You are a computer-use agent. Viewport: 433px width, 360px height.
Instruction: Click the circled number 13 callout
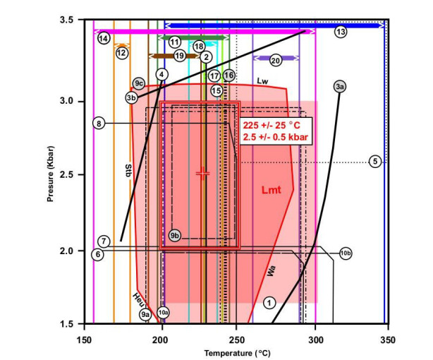tap(341, 32)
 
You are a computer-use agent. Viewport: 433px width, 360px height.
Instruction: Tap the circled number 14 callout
tap(104, 38)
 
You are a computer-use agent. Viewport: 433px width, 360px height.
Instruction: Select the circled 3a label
tap(340, 87)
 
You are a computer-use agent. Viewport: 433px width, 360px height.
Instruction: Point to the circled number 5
tap(375, 161)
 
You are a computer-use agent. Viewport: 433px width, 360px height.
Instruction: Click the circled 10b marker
tap(346, 253)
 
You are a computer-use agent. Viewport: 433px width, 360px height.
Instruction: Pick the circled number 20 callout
tap(275, 61)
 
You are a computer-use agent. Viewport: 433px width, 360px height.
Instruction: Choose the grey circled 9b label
tap(174, 236)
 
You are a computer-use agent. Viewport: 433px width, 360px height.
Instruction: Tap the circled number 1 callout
tap(269, 303)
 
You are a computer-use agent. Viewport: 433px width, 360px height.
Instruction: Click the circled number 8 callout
tap(99, 123)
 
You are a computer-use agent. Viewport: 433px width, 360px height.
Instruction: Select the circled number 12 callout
tap(121, 52)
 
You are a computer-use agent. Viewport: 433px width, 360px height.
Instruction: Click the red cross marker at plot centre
tap(202, 174)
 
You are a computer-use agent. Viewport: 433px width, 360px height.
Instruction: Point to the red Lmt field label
tap(272, 190)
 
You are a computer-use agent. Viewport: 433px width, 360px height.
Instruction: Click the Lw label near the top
tap(262, 81)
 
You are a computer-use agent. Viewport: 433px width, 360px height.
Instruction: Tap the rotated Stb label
tap(128, 172)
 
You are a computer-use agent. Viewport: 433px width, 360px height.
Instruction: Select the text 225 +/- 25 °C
tap(272, 125)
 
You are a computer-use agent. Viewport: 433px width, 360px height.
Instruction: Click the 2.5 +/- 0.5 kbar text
tap(275, 137)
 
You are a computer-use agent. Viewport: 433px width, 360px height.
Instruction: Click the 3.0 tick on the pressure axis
tap(67, 101)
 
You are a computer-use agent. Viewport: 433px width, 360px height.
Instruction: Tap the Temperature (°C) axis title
tap(237, 354)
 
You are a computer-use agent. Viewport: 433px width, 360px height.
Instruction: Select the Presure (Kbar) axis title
tap(50, 174)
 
